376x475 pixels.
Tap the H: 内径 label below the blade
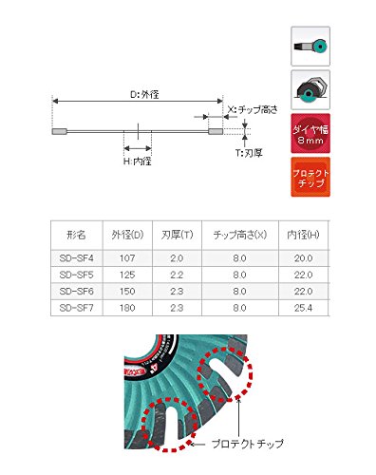coord(139,161)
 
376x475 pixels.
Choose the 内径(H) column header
coord(303,235)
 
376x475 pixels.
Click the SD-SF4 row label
coord(74,255)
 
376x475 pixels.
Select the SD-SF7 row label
coord(74,308)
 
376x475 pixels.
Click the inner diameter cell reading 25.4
coord(302,308)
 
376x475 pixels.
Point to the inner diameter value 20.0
coord(302,255)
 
